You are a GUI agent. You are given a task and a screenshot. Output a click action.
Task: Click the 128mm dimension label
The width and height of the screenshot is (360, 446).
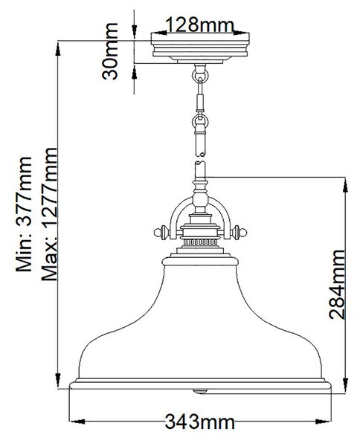click(199, 25)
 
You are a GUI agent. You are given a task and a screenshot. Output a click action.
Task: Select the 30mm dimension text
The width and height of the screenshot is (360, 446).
click(110, 51)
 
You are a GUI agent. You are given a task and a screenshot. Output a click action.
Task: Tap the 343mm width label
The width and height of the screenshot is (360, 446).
click(200, 421)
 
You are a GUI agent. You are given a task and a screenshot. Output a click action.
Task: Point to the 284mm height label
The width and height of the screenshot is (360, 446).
click(337, 284)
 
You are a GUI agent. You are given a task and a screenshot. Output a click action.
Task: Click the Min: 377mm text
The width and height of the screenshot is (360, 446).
click(24, 214)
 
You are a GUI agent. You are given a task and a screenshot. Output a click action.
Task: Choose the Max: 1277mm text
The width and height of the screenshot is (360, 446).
click(49, 214)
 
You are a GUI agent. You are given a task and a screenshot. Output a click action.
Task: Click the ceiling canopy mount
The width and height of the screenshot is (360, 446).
click(200, 48)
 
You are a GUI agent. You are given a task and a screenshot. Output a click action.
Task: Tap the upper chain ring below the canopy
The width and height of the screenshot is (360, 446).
click(200, 76)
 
